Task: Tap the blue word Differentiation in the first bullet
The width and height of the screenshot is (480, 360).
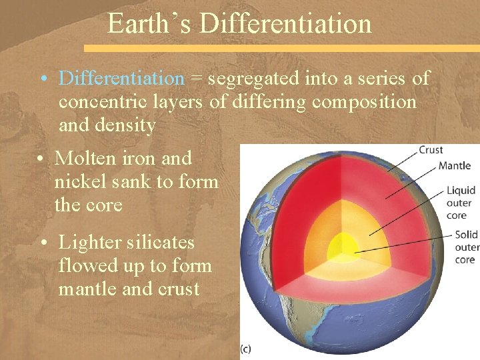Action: (121, 79)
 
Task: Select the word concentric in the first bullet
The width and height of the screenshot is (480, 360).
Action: (97, 102)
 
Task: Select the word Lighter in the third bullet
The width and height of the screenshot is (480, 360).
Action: (90, 243)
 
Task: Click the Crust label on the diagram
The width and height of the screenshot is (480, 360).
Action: (431, 150)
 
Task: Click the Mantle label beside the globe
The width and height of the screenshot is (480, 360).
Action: (454, 165)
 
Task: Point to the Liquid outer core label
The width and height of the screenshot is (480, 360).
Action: (461, 203)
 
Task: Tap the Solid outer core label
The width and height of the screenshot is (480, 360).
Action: (465, 247)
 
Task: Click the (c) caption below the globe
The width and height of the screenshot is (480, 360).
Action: (245, 348)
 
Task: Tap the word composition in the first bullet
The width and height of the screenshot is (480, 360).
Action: (364, 102)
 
